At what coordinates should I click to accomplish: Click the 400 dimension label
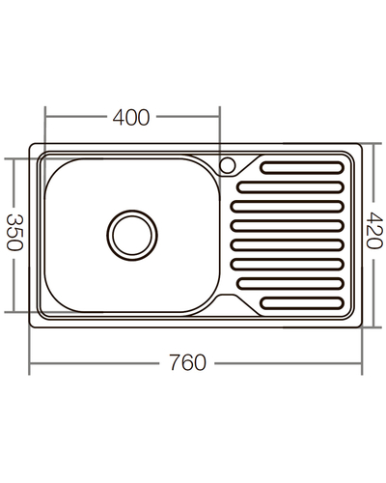(131, 117)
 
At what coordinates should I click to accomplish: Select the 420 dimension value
(375, 232)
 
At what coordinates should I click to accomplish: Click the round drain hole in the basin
(130, 233)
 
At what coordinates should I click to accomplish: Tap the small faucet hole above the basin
(230, 164)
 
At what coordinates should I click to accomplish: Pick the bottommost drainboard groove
(302, 300)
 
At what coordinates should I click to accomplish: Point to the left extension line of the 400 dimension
(44, 130)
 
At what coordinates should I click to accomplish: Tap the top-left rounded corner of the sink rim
(35, 150)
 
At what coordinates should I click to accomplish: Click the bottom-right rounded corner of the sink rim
(357, 316)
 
